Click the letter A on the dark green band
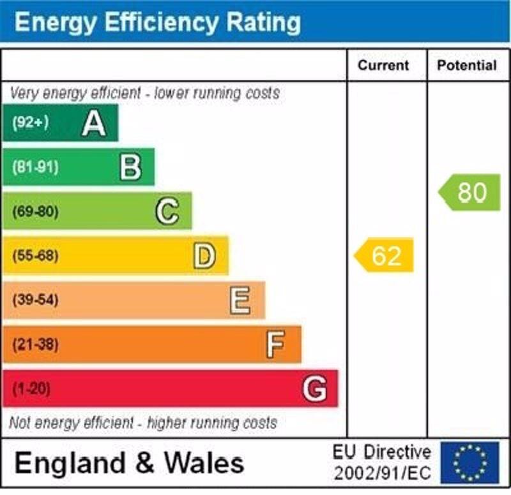[x=94, y=123]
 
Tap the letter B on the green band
[x=130, y=168]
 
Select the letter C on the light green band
[x=167, y=211]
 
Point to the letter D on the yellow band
[x=204, y=256]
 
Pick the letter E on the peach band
[x=240, y=300]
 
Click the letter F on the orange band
[x=275, y=344]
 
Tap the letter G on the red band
[x=315, y=388]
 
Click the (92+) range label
[x=30, y=123]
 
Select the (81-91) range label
[x=35, y=168]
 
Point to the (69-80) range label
[x=35, y=212]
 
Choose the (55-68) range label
[x=35, y=256]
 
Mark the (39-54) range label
[x=35, y=300]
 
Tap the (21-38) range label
[x=35, y=344]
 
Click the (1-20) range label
[x=31, y=388]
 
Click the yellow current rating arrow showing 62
[x=385, y=256]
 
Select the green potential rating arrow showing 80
[x=470, y=192]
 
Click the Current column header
[x=383, y=65]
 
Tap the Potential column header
[x=467, y=65]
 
